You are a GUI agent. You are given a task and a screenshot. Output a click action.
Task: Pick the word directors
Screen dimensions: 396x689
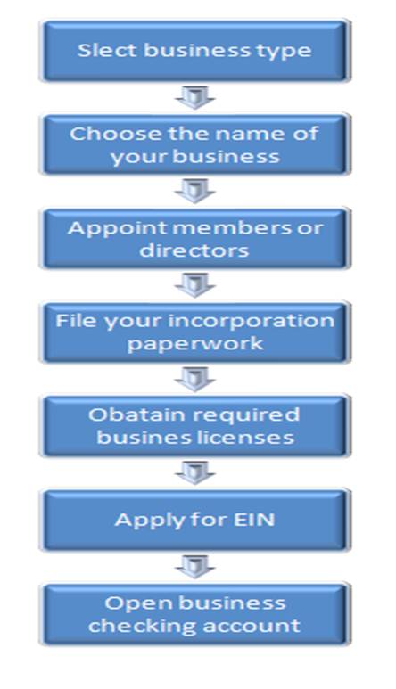click(194, 250)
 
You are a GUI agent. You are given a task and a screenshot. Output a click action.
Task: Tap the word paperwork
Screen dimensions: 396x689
click(195, 344)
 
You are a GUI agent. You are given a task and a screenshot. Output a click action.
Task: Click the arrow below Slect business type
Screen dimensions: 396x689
click(195, 97)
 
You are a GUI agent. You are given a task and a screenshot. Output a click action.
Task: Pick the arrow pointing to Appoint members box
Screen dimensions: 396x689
click(195, 191)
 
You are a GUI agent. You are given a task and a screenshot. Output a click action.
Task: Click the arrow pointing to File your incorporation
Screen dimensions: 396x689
click(195, 284)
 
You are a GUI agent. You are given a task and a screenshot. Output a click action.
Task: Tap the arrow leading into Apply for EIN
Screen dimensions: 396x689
click(195, 472)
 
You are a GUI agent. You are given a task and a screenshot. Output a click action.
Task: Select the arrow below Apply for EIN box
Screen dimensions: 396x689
click(195, 566)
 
